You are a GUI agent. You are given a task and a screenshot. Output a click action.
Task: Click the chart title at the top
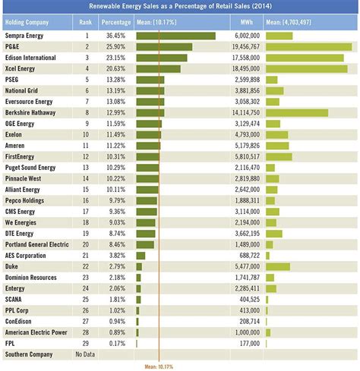tap(180, 7)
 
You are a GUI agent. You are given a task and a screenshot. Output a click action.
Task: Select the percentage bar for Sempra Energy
tap(175, 36)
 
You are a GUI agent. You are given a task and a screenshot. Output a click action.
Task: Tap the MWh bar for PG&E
tap(308, 47)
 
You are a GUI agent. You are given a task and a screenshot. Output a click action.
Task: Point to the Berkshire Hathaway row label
tap(31, 113)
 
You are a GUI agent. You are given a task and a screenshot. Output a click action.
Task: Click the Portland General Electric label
tap(36, 245)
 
